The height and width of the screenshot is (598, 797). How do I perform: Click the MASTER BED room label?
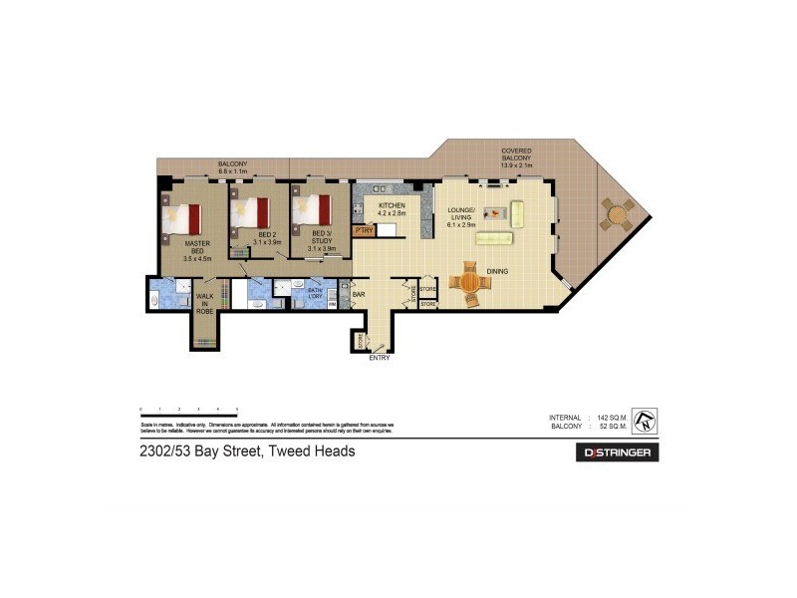click(197, 250)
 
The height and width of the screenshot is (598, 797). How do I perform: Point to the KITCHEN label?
click(393, 208)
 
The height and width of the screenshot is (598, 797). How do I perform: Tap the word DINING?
click(498, 270)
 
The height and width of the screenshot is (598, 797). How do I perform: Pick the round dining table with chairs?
click(469, 282)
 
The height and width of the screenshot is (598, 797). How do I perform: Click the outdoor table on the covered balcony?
click(617, 212)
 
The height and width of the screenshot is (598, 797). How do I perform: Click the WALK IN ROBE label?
click(204, 304)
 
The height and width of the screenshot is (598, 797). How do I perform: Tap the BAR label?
click(359, 295)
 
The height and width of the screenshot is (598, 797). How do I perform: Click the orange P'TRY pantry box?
click(363, 231)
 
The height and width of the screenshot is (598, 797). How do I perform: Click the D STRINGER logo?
click(618, 452)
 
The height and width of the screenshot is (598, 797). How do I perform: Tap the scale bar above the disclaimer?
click(188, 411)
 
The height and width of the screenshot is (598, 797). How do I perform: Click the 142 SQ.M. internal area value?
click(617, 417)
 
